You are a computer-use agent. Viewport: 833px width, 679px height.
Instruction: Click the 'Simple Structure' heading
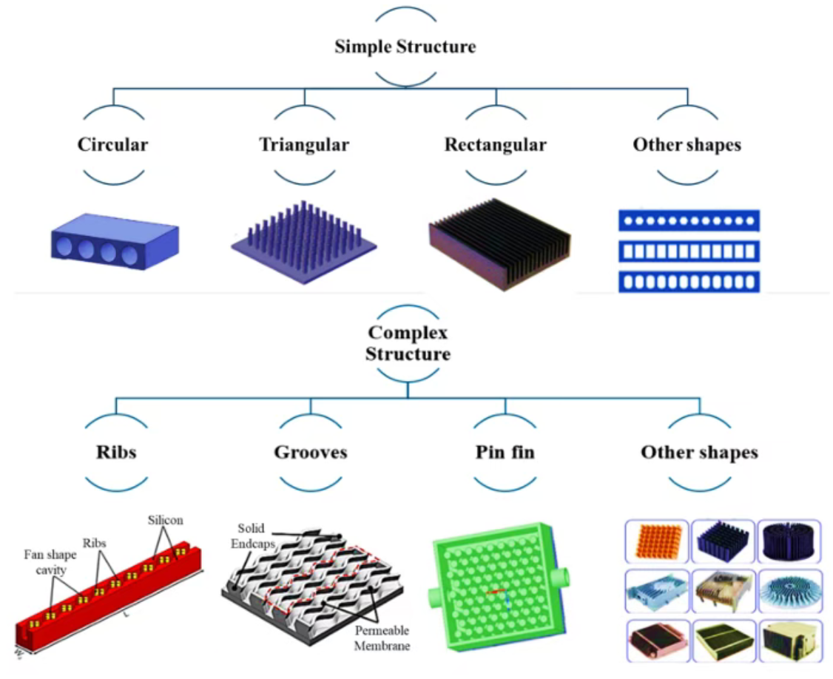tap(405, 47)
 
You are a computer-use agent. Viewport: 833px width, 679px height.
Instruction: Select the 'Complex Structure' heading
tap(408, 343)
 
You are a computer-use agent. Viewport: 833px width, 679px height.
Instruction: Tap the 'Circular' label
tap(112, 144)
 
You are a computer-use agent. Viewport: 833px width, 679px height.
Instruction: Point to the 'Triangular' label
tap(303, 144)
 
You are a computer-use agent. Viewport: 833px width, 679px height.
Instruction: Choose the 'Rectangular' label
tap(495, 144)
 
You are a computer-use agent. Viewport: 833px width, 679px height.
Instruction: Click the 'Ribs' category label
tap(116, 452)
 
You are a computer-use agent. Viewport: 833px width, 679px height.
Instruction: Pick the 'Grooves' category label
tap(310, 452)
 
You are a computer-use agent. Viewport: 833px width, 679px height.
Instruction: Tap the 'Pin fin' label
tap(505, 452)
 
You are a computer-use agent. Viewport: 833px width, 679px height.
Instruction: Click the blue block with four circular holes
tap(114, 241)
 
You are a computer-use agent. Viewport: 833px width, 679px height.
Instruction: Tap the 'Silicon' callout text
tap(165, 520)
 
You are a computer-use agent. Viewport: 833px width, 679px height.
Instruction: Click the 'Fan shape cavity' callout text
tap(46, 563)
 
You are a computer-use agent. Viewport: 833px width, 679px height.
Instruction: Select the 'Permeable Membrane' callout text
tap(382, 638)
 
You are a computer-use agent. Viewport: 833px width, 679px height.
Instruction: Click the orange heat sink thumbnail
tap(657, 541)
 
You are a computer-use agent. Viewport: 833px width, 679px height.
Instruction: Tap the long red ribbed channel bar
tap(111, 592)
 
